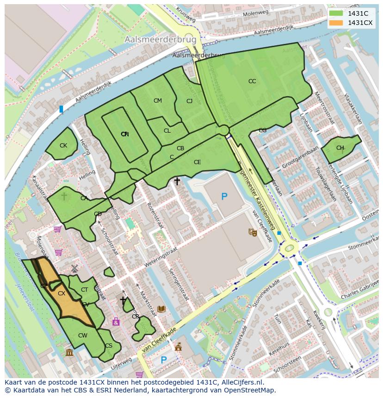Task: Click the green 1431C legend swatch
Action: (336, 13)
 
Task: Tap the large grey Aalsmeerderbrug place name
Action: (160, 40)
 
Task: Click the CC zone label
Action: (252, 81)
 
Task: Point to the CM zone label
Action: (158, 101)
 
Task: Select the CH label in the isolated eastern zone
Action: (340, 148)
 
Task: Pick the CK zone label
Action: (63, 146)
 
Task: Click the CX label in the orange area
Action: (62, 293)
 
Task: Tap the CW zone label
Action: (82, 336)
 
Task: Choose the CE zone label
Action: (198, 162)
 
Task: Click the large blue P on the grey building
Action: (224, 197)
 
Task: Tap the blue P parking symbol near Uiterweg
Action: (163, 360)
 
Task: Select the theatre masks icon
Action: (253, 233)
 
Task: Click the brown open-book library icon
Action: (161, 309)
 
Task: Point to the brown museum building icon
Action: (69, 353)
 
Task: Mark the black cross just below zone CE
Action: (177, 182)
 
